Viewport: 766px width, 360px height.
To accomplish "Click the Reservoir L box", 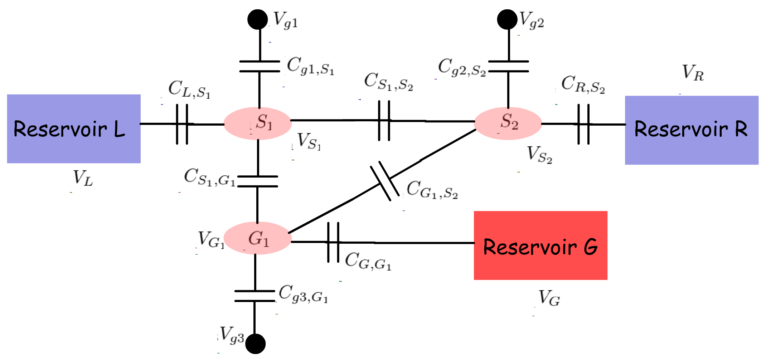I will click(x=74, y=129).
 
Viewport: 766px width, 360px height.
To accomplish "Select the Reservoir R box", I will click(x=692, y=130).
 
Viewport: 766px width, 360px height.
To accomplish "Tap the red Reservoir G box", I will click(x=540, y=245).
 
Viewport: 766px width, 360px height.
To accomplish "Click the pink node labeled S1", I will click(x=258, y=123).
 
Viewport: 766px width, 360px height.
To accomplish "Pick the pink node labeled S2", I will click(x=508, y=123).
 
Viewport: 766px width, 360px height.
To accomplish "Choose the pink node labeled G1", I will click(x=258, y=238).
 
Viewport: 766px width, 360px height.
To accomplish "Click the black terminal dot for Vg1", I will click(x=258, y=19).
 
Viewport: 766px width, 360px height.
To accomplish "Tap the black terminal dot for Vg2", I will click(x=507, y=19).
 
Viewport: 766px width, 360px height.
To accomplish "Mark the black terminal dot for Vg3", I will click(x=255, y=344).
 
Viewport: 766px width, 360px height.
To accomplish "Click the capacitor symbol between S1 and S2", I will click(x=384, y=121).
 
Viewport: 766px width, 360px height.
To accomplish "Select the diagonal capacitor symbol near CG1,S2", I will click(x=385, y=181).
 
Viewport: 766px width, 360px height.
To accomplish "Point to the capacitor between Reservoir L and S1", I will click(x=182, y=124).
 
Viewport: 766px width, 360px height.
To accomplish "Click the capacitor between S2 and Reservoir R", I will click(x=583, y=124).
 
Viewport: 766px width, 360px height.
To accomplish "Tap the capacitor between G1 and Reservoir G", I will click(x=333, y=242).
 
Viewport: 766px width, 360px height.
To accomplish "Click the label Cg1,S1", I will click(x=310, y=67).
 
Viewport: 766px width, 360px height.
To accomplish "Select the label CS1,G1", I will click(x=209, y=177).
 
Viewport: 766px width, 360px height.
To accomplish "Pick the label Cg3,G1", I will click(x=303, y=294).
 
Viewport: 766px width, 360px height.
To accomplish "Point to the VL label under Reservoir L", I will click(x=83, y=178).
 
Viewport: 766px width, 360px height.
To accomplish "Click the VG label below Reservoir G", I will click(x=549, y=298).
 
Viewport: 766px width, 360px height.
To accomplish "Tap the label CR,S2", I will click(x=583, y=85).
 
